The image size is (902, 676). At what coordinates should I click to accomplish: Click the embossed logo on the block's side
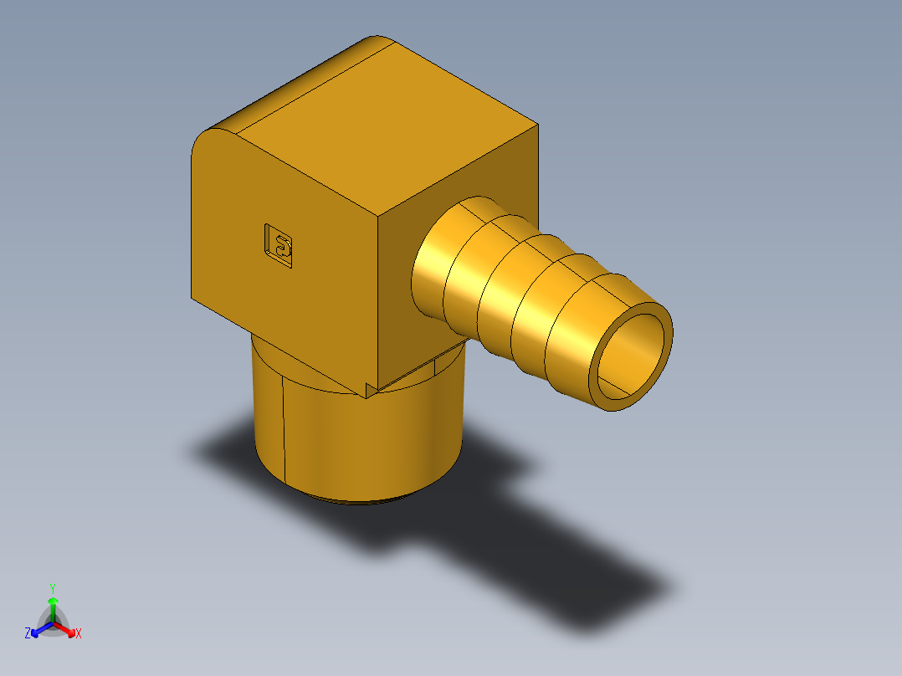pyautogui.click(x=279, y=246)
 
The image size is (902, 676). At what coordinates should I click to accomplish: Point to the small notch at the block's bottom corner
pyautogui.click(x=371, y=388)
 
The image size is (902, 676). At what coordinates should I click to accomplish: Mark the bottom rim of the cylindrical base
pyautogui.click(x=360, y=500)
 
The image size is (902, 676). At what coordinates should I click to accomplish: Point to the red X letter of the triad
pyautogui.click(x=79, y=634)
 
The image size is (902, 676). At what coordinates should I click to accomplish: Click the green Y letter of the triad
pyautogui.click(x=53, y=588)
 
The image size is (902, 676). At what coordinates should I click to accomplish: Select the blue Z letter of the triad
pyautogui.click(x=28, y=634)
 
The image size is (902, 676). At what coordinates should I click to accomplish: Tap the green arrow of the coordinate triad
pyautogui.click(x=53, y=606)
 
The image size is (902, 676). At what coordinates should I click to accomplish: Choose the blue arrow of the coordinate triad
pyautogui.click(x=38, y=629)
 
